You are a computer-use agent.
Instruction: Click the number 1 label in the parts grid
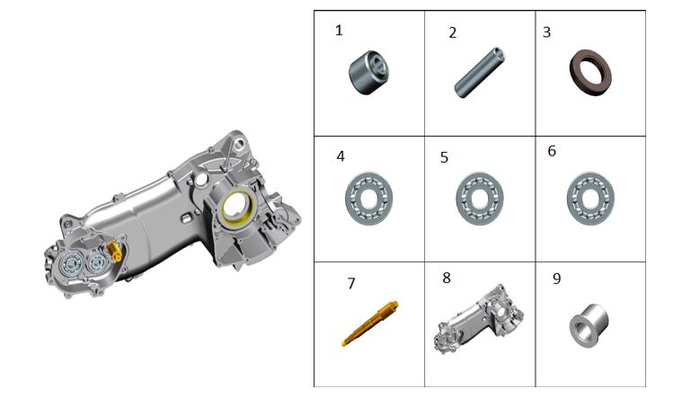[x=339, y=31]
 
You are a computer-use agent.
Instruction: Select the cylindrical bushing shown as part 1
[x=368, y=72]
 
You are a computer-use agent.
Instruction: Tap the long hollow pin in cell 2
[x=479, y=73]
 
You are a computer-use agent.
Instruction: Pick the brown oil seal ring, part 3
[x=590, y=72]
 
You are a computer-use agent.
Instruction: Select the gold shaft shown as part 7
[x=369, y=323]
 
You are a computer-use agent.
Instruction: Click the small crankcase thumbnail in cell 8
[x=478, y=320]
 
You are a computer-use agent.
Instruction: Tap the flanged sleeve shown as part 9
[x=589, y=325]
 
